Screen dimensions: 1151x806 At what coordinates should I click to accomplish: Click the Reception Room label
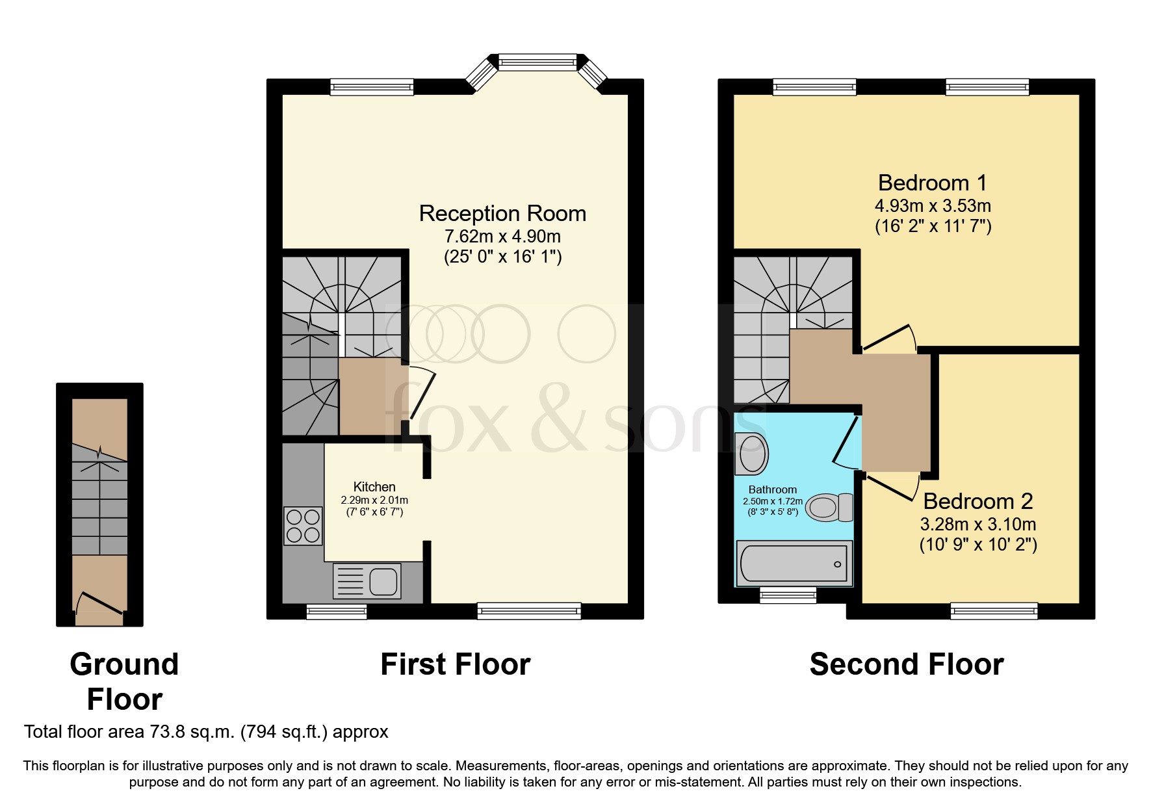click(x=502, y=213)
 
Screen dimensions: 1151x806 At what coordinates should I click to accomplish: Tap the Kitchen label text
click(x=374, y=487)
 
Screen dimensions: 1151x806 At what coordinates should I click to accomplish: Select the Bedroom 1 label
click(x=933, y=183)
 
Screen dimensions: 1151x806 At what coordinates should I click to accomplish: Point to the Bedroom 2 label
click(x=978, y=501)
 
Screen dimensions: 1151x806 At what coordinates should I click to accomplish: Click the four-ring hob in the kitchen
click(x=303, y=526)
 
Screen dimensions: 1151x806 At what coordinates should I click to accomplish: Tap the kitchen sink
click(x=367, y=581)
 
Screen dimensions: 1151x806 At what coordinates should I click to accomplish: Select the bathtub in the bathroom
click(x=794, y=564)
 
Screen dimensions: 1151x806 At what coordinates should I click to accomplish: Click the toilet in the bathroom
click(x=829, y=508)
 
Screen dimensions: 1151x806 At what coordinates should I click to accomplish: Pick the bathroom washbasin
click(x=752, y=453)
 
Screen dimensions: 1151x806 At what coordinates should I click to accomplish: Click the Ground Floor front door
click(x=99, y=603)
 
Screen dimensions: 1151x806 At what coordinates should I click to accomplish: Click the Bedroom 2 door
click(x=891, y=487)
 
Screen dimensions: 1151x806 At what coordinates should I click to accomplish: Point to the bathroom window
click(x=788, y=595)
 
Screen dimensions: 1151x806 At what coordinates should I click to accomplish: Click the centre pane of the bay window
click(x=537, y=62)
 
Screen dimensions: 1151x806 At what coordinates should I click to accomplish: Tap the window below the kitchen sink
click(x=337, y=611)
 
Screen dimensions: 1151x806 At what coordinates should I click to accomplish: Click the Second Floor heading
click(x=907, y=664)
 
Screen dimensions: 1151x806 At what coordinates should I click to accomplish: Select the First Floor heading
click(x=456, y=664)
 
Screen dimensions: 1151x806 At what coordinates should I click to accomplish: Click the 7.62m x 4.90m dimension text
click(x=502, y=236)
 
